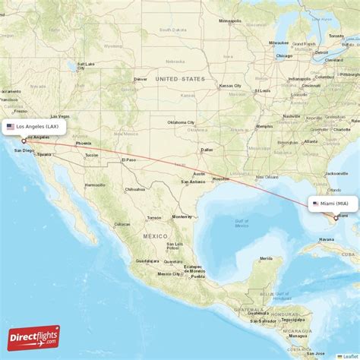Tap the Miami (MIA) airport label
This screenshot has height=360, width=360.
pos(331,204)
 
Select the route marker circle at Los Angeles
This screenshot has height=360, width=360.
pos(24,141)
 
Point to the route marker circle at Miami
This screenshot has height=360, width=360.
pos(336,217)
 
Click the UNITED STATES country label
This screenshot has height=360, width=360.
pos(180,79)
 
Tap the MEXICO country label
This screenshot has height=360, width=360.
pos(156,236)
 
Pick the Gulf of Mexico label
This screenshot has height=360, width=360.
pos(242,223)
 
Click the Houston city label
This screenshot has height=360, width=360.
pos(220,179)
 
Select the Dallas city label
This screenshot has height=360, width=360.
pos(207,150)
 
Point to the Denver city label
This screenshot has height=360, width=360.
pos(141,79)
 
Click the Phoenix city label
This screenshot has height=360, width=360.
pos(83,144)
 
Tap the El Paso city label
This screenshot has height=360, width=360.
pos(131,159)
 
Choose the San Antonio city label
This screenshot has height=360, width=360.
pos(193,182)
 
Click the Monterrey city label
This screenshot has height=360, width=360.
pos(182,216)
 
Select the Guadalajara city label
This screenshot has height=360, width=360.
pos(147,261)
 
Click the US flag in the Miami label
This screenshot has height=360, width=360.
pos(315,204)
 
